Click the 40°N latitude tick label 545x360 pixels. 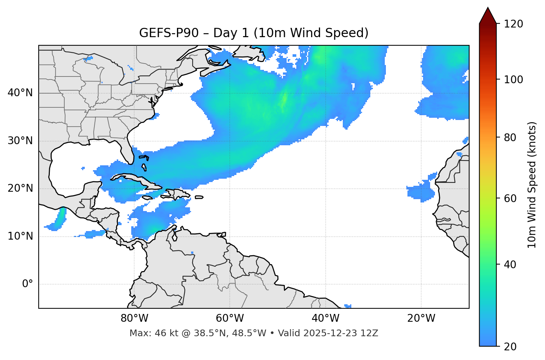[x=20, y=93]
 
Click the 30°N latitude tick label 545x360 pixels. [x=20, y=141]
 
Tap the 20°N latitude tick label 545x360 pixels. [x=20, y=188]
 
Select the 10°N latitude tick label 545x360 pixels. [x=20, y=236]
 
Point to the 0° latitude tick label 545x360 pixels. [x=28, y=284]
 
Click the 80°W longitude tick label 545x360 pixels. [x=134, y=318]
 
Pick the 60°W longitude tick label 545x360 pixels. [x=230, y=318]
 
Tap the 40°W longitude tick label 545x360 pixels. [x=325, y=318]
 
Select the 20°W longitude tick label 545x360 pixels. [x=421, y=318]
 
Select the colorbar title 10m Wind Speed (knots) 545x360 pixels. [x=532, y=185]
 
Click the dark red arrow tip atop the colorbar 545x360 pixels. [x=488, y=15]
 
